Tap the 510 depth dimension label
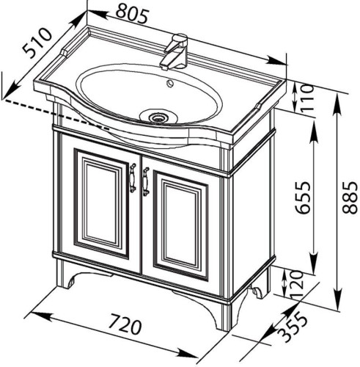click(x=37, y=43)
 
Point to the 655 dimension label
click(x=303, y=197)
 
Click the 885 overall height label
click(x=350, y=197)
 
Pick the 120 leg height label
click(x=297, y=284)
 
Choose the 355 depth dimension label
click(x=293, y=328)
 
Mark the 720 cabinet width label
click(x=125, y=324)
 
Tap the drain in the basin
click(x=158, y=117)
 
